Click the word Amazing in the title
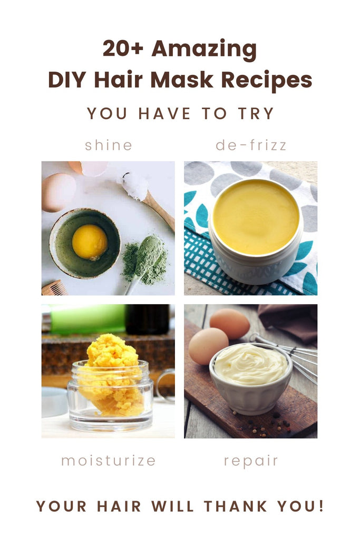204,49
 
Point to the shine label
109,145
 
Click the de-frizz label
251,145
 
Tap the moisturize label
109,460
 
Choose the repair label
251,461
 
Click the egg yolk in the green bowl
90,242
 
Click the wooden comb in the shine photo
54,288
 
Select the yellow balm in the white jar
256,217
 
